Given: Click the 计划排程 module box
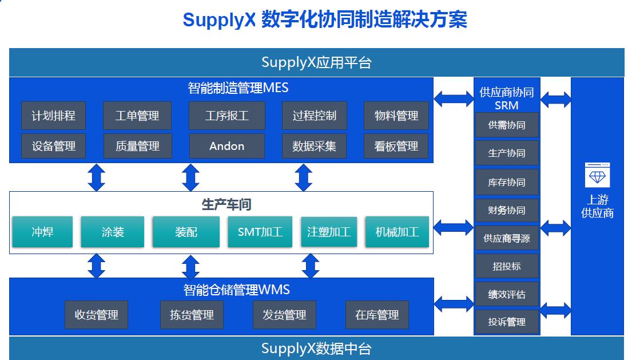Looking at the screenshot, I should [x=53, y=116].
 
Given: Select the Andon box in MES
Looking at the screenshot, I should [x=226, y=147].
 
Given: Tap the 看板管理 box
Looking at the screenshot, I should [x=396, y=147].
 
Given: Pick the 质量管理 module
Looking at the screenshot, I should [x=137, y=147].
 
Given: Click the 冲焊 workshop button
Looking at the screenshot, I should [x=43, y=232].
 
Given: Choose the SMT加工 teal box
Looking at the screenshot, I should [x=260, y=232].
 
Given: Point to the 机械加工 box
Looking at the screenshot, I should [x=397, y=232].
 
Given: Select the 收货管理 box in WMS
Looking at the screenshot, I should [x=96, y=315].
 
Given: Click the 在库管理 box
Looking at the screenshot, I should [x=377, y=315].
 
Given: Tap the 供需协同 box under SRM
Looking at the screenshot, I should [x=507, y=125].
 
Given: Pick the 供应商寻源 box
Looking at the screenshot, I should [x=507, y=238].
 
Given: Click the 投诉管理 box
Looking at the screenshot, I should [x=507, y=322].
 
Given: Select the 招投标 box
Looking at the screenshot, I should [x=507, y=266].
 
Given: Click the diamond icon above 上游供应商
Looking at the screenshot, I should [x=597, y=175].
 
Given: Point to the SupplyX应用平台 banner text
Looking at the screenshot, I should [x=316, y=62].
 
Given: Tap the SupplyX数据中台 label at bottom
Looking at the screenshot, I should [x=316, y=348].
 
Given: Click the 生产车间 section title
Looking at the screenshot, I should [x=226, y=204].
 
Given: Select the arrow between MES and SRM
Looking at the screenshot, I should [x=454, y=98].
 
